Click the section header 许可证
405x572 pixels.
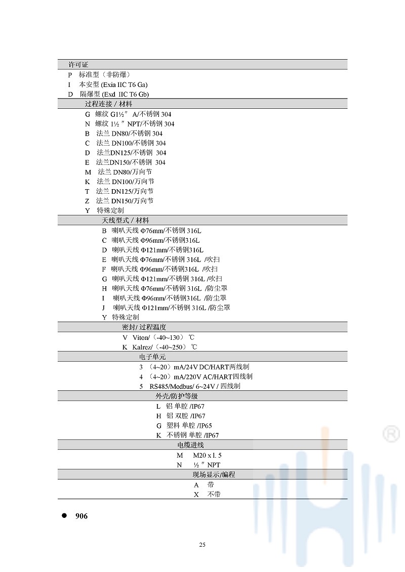coord(78,65)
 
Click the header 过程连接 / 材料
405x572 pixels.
coord(108,104)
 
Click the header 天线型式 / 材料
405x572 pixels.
coord(126,221)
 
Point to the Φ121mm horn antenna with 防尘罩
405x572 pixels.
coord(171,307)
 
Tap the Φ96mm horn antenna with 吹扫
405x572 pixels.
coord(165,269)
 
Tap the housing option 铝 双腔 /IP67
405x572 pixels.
coord(186,416)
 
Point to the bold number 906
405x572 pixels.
coord(81,516)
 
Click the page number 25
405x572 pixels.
coord(202,545)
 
